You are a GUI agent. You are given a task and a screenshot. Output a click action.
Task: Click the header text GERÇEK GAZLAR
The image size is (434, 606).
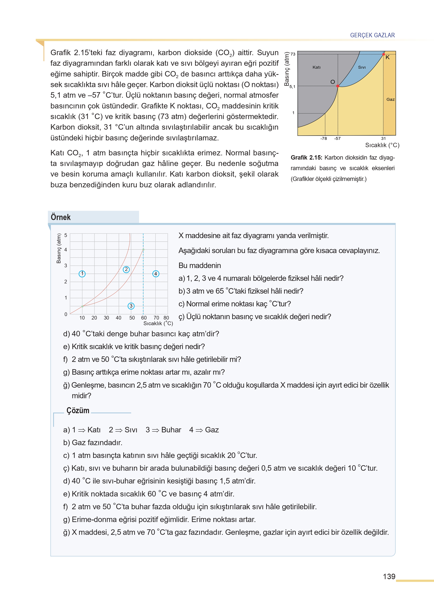coord(372,35)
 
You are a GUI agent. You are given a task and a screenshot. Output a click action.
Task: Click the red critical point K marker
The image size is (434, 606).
coord(384,54)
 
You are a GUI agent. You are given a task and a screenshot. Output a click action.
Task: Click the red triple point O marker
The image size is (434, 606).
coord(338,86)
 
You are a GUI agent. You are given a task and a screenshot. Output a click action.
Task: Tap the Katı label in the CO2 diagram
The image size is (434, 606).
coord(317,67)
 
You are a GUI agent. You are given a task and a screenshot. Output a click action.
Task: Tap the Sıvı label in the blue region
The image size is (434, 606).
coord(362,67)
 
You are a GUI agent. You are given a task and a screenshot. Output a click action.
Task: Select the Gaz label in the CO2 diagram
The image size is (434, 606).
coord(391,99)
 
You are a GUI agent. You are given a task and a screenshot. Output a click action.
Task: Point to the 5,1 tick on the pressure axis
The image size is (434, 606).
coord(292,87)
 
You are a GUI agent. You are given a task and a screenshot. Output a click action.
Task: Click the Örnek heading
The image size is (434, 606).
coord(61,217)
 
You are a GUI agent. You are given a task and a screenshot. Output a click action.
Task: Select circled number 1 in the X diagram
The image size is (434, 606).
coord(82,274)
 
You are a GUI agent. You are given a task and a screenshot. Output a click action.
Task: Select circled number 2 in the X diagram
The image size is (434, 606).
coord(126,269)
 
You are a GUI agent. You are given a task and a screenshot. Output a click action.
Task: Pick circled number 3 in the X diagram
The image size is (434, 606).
coord(131,306)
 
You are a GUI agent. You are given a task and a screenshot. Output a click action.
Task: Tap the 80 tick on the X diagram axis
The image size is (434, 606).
coord(166,318)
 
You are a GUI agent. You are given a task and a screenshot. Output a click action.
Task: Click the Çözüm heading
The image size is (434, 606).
coord(78,410)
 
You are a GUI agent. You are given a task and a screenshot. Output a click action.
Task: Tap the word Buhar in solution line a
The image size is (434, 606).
coord(171,430)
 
